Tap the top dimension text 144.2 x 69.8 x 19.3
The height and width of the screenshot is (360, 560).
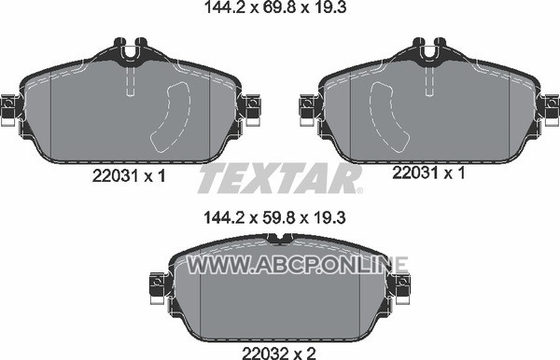(x=275, y=7)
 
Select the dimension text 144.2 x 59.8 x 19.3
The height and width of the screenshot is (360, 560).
(x=274, y=217)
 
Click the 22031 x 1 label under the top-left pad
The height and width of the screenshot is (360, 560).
(x=129, y=175)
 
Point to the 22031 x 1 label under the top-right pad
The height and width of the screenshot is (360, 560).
(x=428, y=173)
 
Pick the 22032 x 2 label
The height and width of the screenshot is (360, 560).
(x=279, y=353)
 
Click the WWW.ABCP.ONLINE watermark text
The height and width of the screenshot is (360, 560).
(x=298, y=265)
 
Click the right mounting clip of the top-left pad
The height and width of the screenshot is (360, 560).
(x=252, y=109)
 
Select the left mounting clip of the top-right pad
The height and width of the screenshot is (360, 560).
(x=307, y=109)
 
